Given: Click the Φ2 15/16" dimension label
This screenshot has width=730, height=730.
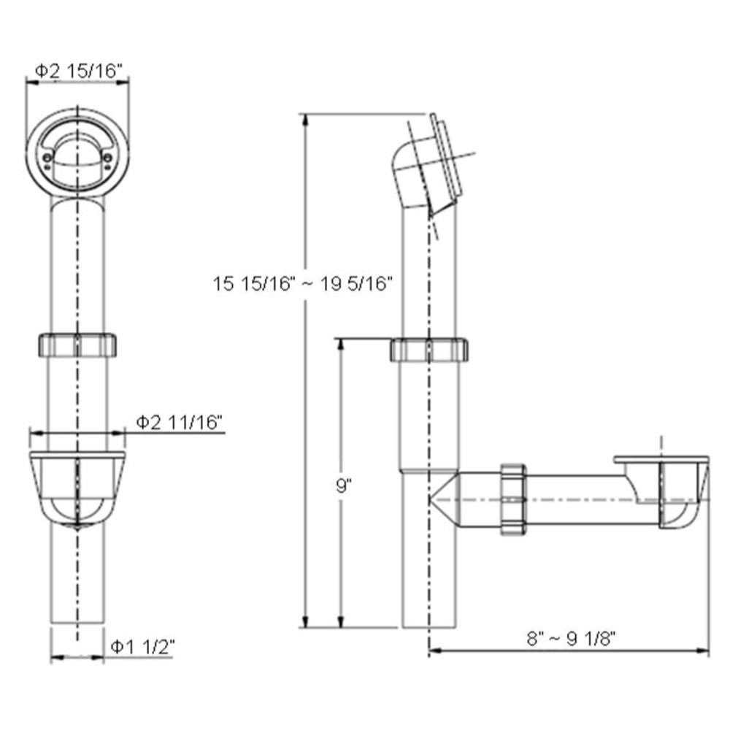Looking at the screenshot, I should tap(78, 70).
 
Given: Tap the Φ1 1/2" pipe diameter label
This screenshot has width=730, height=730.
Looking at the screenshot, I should tap(142, 645).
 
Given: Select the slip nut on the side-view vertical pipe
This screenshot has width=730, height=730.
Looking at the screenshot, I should tap(429, 350).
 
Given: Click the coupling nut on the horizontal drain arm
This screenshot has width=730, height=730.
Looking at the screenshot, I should tap(514, 499).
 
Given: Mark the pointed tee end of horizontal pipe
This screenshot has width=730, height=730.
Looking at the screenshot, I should tap(440, 499).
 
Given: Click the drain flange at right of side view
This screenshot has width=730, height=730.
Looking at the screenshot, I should tap(661, 460).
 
